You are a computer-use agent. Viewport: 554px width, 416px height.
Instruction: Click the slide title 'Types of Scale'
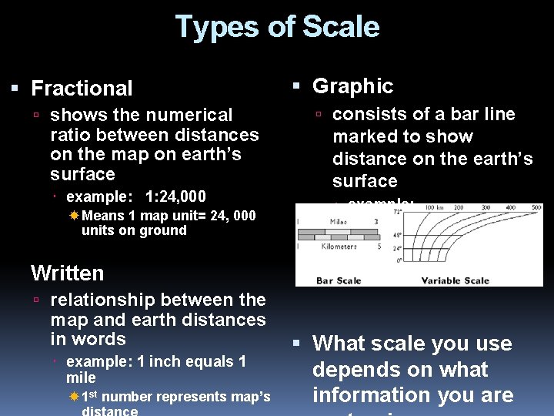click(277, 27)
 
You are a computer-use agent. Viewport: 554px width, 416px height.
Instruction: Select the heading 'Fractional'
click(82, 89)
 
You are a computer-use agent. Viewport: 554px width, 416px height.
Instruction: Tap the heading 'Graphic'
click(352, 86)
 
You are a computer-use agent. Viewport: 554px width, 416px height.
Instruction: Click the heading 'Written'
click(67, 273)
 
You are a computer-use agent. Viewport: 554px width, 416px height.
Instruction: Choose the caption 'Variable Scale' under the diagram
click(455, 280)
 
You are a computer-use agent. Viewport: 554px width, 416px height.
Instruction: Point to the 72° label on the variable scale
click(399, 210)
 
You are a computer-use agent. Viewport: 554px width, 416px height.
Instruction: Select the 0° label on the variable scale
click(399, 260)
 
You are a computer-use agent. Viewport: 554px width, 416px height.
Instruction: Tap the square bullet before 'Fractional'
click(15, 89)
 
